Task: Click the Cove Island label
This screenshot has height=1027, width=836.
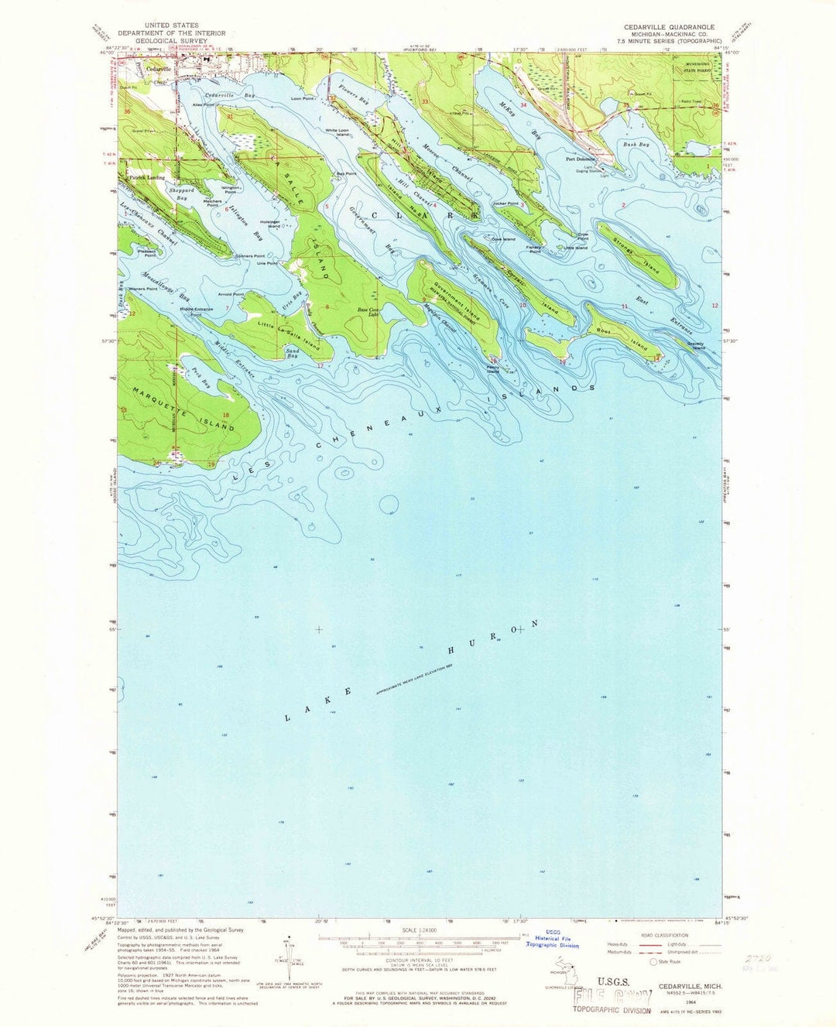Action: click(x=503, y=239)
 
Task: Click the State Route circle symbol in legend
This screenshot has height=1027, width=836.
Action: click(x=653, y=962)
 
